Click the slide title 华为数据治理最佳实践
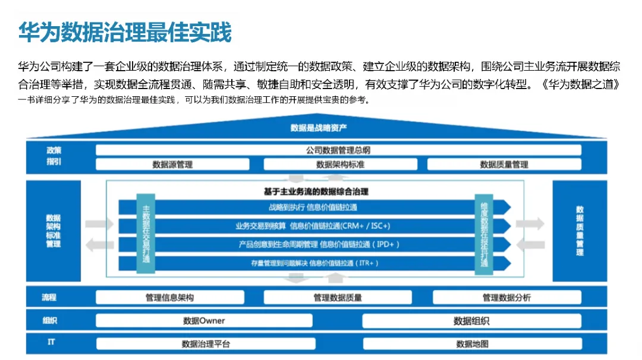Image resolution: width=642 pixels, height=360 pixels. click(124, 33)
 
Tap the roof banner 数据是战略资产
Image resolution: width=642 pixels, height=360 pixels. click(319, 128)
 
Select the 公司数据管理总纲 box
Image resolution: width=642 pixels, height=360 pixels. click(338, 150)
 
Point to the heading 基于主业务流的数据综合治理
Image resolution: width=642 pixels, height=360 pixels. click(316, 191)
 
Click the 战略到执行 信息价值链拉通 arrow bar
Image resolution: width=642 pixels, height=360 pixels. click(314, 207)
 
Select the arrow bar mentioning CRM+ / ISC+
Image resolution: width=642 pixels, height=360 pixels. click(314, 226)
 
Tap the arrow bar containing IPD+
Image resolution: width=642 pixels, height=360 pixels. click(314, 244)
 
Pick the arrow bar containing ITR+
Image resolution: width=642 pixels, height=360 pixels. click(314, 263)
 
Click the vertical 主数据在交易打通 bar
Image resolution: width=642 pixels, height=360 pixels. click(146, 233)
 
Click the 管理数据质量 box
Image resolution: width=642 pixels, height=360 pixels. click(338, 298)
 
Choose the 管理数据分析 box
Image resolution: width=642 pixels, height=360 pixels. click(506, 298)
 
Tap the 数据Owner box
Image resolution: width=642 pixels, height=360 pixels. click(204, 321)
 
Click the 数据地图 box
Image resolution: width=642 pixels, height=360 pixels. click(472, 344)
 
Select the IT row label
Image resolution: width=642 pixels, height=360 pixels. click(51, 343)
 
